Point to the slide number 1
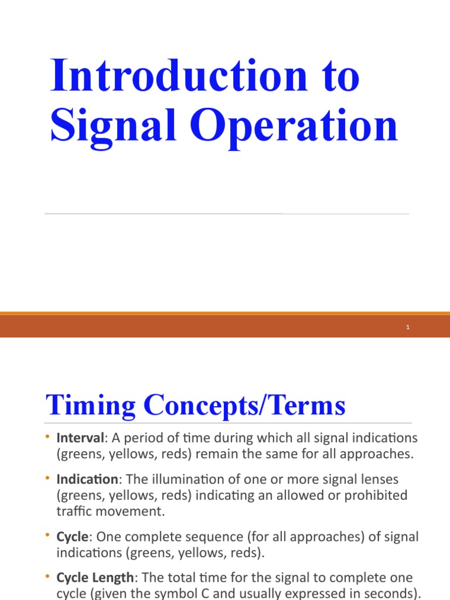point(407,328)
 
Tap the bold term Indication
point(87,479)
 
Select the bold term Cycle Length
point(95,578)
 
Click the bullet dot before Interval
point(47,438)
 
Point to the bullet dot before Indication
point(47,479)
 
